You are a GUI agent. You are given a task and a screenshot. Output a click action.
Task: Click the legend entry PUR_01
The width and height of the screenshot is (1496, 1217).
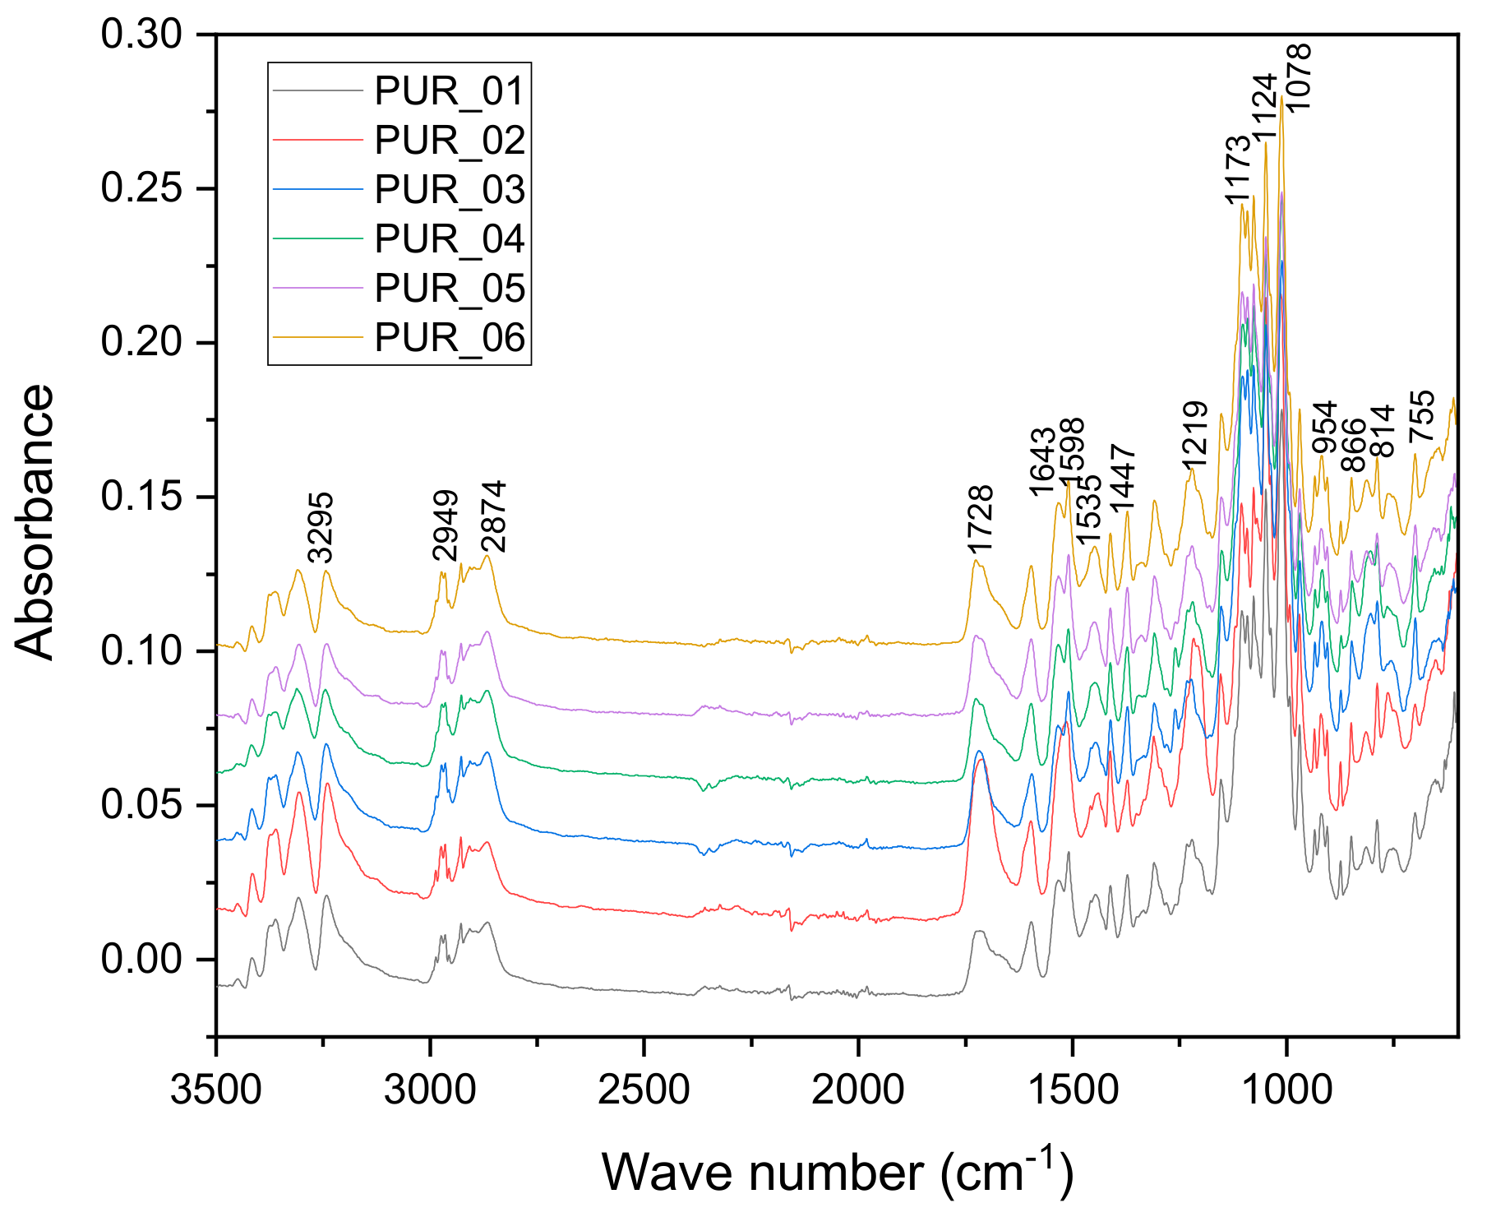click(449, 91)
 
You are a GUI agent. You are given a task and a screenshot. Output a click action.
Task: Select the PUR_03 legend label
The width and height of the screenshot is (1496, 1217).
click(449, 190)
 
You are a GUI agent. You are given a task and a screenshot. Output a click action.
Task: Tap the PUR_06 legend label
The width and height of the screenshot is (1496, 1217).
click(449, 338)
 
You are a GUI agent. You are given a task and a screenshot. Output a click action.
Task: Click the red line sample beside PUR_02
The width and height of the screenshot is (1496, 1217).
click(317, 141)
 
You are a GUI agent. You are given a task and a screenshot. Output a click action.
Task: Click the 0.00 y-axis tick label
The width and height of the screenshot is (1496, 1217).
click(141, 959)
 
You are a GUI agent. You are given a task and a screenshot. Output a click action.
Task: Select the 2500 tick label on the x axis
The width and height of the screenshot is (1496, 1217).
click(644, 1091)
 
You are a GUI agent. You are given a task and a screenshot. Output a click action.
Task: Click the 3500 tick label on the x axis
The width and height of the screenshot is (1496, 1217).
click(216, 1091)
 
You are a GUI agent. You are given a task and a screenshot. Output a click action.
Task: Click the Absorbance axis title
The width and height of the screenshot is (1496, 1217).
click(35, 522)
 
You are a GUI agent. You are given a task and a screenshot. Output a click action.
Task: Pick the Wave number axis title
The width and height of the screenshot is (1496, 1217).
click(837, 1171)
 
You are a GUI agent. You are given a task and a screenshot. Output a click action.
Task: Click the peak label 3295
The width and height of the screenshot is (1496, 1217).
click(321, 527)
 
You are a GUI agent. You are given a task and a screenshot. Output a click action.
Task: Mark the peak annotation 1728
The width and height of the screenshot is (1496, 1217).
click(980, 521)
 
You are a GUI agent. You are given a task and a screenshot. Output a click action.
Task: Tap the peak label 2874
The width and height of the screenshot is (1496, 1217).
click(495, 516)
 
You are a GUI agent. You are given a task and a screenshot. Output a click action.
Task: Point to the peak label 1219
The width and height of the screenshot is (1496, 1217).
click(1194, 434)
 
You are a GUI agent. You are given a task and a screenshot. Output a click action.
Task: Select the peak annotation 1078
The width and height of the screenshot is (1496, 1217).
click(1298, 78)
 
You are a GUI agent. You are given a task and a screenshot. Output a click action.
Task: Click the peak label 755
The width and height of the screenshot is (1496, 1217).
click(1421, 417)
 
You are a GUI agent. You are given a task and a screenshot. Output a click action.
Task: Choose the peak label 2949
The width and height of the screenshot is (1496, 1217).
click(446, 525)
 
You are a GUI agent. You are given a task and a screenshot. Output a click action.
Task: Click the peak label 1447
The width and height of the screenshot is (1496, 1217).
click(1123, 478)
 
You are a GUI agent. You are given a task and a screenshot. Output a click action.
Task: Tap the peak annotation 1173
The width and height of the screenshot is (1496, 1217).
click(1237, 169)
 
